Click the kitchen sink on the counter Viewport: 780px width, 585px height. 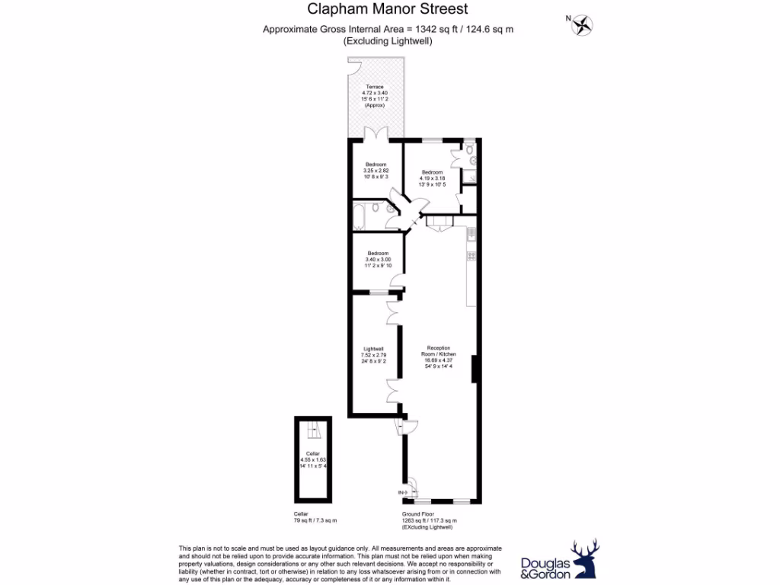tap(472, 237)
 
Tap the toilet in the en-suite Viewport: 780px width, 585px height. tap(471, 160)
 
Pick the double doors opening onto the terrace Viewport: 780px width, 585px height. tap(376, 134)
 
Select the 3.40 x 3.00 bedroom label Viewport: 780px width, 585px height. tap(377, 259)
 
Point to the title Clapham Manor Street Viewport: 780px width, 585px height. tap(388, 10)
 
